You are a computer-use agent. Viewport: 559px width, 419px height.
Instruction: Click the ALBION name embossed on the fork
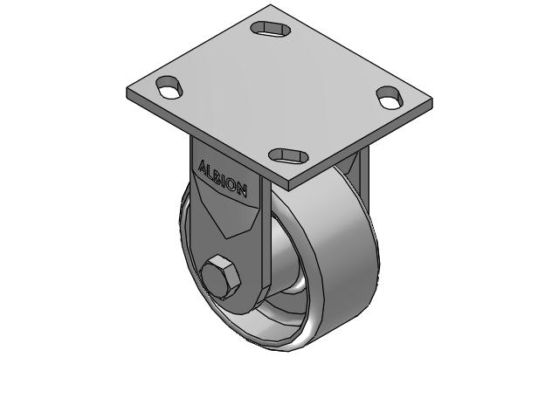[223, 177]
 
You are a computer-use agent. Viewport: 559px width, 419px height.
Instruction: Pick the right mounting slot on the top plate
[389, 96]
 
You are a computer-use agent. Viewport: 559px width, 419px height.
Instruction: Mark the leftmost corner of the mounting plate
[128, 91]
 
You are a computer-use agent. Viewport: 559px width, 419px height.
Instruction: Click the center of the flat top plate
[279, 92]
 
